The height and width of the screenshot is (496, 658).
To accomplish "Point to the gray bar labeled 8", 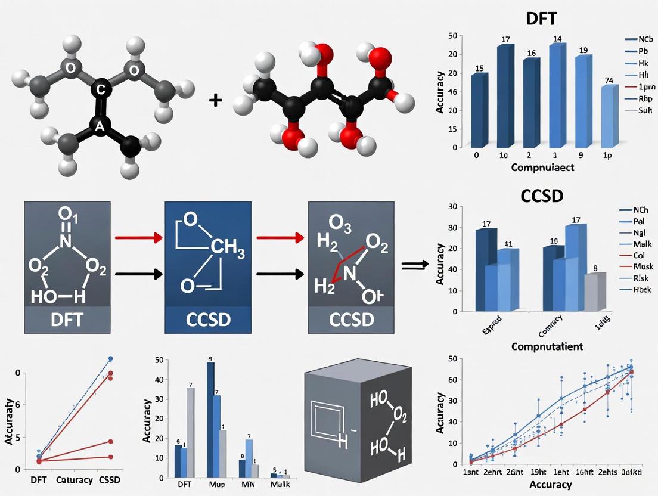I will pos(594,292).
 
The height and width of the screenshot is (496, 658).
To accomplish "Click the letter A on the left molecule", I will pos(99,125).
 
